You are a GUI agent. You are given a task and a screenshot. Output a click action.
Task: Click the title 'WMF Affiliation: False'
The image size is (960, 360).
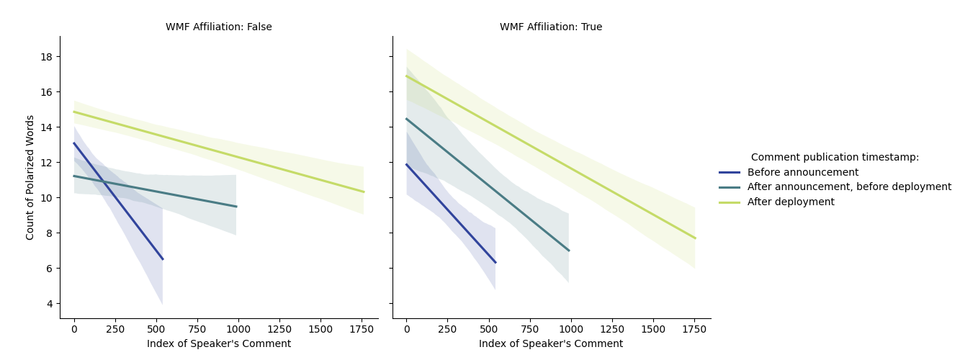click(x=219, y=27)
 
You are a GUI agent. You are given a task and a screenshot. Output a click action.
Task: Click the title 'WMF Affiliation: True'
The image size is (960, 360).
click(x=551, y=27)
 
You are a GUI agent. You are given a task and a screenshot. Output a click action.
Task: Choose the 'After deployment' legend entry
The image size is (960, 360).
click(x=791, y=202)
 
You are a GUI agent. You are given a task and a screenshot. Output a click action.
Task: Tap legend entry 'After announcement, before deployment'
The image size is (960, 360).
click(x=849, y=187)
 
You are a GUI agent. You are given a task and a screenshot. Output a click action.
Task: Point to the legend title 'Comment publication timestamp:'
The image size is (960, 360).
click(x=835, y=157)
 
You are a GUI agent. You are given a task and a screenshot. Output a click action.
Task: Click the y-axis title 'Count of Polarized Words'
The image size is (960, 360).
click(x=30, y=177)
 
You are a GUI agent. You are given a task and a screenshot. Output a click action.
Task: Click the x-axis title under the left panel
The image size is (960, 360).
click(x=219, y=344)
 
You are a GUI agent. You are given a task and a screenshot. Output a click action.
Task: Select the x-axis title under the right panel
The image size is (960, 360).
click(x=551, y=344)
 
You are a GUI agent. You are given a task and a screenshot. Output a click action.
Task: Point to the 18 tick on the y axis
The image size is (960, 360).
click(x=48, y=57)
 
